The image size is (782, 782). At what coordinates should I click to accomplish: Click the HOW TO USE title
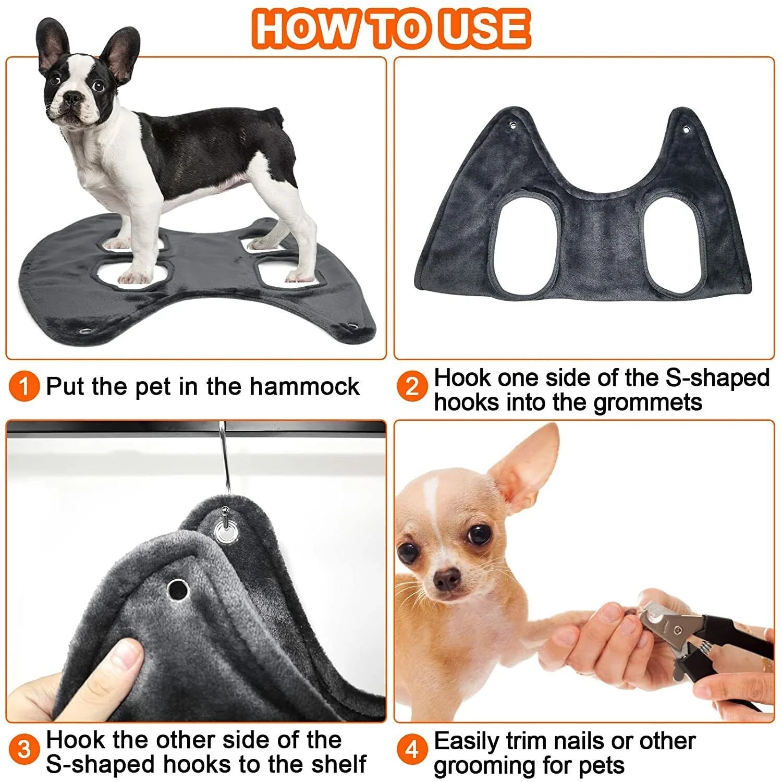click(x=391, y=29)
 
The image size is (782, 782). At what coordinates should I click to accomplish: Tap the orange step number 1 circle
click(x=24, y=387)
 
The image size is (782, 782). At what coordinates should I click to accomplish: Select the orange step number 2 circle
click(x=412, y=387)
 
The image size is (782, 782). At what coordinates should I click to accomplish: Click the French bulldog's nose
click(x=71, y=97)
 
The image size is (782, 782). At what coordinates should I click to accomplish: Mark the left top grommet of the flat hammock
click(x=512, y=125)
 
